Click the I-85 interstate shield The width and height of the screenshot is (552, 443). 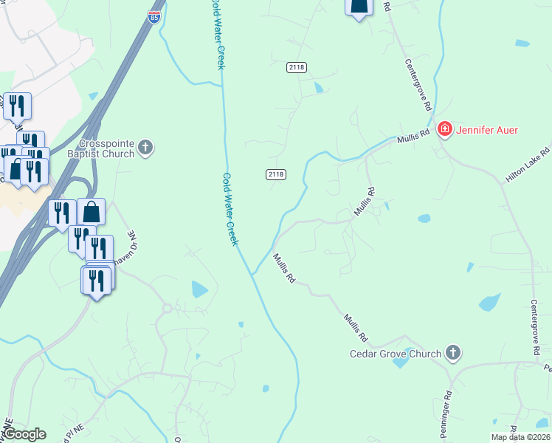point(153,17)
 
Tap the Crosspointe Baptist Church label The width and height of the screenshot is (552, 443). point(108,148)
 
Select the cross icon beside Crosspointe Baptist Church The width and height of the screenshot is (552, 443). point(146,148)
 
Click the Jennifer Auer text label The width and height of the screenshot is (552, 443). point(488,131)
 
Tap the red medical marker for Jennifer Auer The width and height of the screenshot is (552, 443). point(445,131)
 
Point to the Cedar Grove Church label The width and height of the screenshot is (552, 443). point(395,354)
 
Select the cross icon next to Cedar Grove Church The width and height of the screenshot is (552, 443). point(453,354)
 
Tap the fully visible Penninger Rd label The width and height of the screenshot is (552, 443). point(448,403)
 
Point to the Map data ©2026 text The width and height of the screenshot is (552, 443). point(520,437)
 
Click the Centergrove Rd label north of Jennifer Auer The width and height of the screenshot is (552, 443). point(417,86)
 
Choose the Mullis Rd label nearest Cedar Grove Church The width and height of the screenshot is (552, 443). point(354,329)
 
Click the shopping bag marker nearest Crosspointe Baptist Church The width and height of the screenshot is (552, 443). point(91,212)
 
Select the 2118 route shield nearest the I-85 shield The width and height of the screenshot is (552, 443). point(298,67)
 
